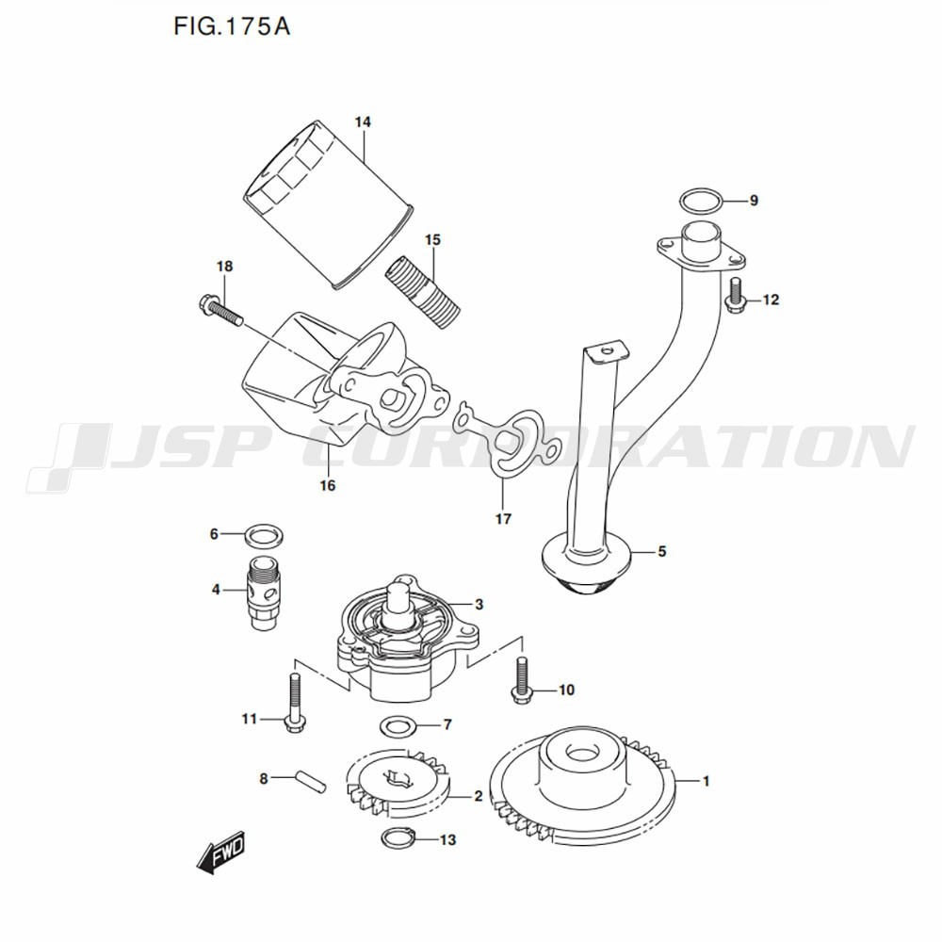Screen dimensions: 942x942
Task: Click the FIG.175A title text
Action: pos(232,26)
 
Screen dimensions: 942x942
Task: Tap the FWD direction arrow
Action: pos(221,852)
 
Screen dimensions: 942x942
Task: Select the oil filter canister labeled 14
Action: pos(329,204)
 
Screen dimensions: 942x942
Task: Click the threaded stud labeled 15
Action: pos(422,293)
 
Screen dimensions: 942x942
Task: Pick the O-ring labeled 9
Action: pos(701,201)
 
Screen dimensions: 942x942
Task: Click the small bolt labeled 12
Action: pos(735,295)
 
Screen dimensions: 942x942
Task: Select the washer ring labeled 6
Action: pos(265,534)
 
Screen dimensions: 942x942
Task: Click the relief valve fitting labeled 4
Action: pos(263,592)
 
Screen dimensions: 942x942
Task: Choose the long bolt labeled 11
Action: pos(294,704)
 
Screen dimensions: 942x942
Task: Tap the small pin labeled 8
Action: pos(311,782)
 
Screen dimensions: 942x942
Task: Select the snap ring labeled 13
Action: pos(398,838)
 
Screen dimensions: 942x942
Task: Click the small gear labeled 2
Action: pos(398,784)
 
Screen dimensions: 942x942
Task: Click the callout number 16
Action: pos(328,485)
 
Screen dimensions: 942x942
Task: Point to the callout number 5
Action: pos(662,551)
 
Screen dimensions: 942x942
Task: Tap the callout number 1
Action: pos(706,781)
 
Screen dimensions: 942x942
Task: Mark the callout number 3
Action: pos(479,605)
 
